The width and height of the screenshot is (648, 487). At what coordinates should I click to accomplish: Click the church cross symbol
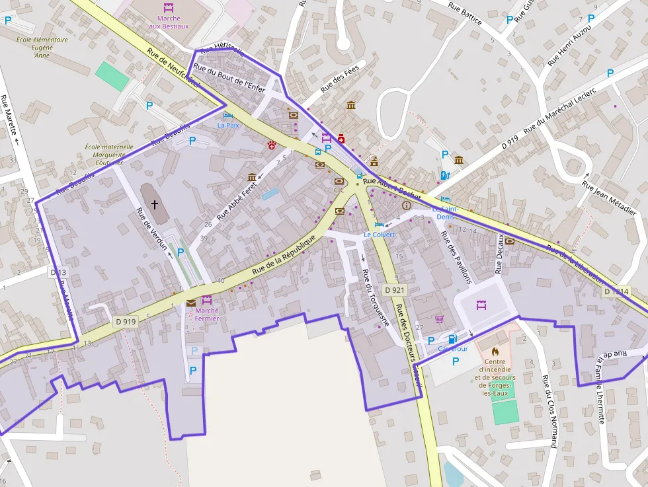tap(155, 204)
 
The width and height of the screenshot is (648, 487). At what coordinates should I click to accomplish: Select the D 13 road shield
tap(58, 272)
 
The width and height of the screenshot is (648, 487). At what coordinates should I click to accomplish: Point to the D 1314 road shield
tap(616, 291)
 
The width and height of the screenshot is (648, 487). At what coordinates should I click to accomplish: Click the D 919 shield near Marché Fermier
tap(125, 322)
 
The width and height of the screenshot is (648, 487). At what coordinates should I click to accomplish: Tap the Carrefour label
tap(453, 349)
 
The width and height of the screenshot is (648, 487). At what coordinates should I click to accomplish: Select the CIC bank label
tap(339, 190)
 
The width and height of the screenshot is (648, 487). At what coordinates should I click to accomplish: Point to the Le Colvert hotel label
tap(379, 235)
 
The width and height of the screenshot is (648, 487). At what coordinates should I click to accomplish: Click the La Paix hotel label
tap(229, 124)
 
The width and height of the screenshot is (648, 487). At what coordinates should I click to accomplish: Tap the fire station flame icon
tap(495, 351)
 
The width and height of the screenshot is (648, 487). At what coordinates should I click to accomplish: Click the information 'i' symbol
tap(406, 206)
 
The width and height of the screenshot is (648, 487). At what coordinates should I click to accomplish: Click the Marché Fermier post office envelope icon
tap(191, 303)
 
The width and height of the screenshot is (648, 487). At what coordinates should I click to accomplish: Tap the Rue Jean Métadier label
tap(608, 198)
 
